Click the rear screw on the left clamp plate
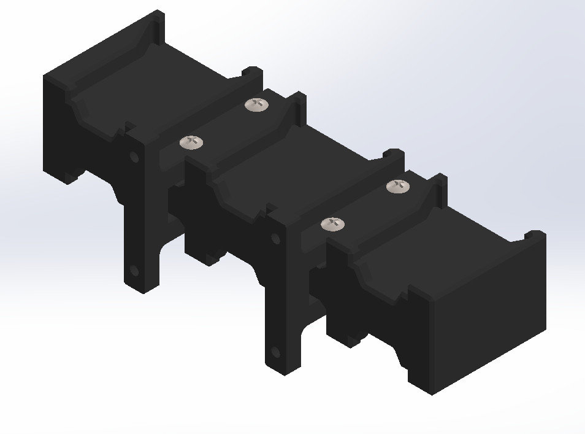[257, 105]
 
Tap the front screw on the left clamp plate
[191, 142]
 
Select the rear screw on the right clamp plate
[398, 186]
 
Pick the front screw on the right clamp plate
[332, 224]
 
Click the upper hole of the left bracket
[134, 157]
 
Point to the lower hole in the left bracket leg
[134, 270]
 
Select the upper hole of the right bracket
[275, 238]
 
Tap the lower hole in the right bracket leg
[275, 352]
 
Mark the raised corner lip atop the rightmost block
[535, 234]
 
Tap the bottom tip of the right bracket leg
[283, 370]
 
